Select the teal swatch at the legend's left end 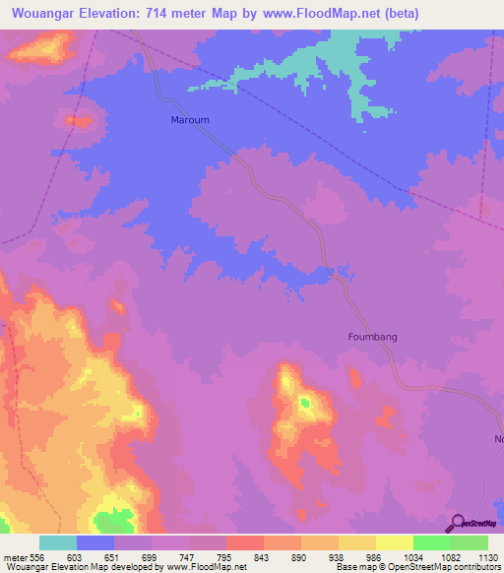pos(58,542)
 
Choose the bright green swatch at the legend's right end pos(470,542)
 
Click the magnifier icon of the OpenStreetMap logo pos(456,523)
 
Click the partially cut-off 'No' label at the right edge pos(497,438)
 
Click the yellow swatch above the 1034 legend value pos(395,542)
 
